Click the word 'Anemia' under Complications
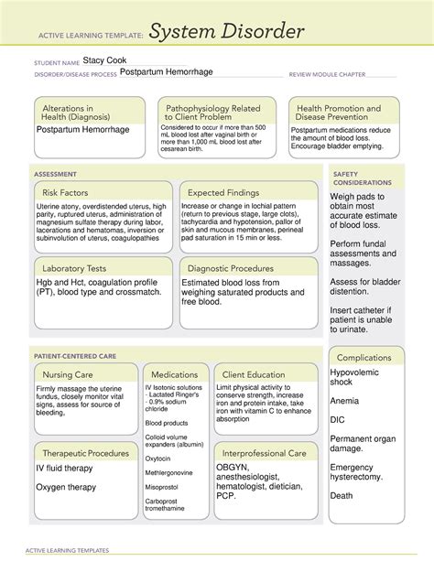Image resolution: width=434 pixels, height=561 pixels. click(x=345, y=400)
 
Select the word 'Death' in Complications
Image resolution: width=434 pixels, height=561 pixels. click(x=342, y=495)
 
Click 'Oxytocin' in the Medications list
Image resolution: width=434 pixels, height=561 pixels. click(x=157, y=459)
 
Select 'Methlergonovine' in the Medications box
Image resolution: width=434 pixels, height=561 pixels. click(x=168, y=473)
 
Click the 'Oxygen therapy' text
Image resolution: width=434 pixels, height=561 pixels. click(x=66, y=487)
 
